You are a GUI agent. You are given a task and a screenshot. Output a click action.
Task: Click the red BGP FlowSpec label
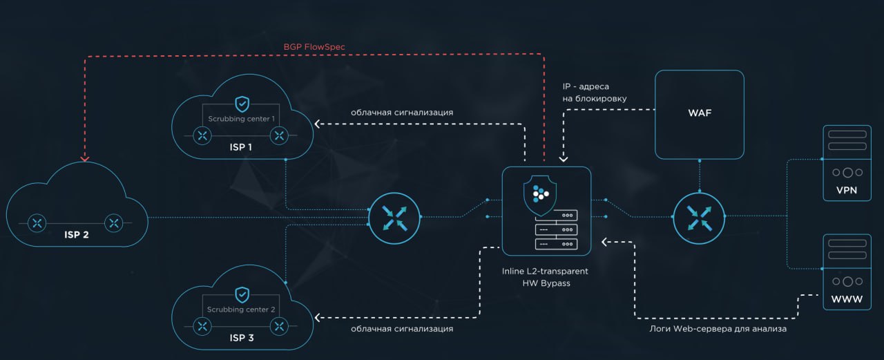coord(314,47)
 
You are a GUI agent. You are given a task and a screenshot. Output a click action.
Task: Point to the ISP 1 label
coord(241,148)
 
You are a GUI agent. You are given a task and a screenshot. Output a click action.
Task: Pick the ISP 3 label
coord(241,338)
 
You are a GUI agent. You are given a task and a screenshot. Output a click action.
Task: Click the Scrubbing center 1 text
coord(242,119)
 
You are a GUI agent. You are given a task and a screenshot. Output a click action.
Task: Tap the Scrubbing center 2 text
coord(242,310)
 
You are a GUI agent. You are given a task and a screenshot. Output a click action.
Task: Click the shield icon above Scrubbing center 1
coord(242,104)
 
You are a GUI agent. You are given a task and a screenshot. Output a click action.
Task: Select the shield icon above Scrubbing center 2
coord(242,294)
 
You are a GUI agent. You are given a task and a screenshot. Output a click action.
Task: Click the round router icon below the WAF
coord(699,217)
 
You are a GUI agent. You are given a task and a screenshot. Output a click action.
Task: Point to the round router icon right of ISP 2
coord(393,217)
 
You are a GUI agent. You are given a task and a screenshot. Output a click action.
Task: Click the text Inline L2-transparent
coord(546,272)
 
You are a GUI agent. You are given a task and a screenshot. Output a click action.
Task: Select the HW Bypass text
coord(546,284)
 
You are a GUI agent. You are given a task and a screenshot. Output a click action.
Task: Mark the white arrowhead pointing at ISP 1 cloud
coord(318,124)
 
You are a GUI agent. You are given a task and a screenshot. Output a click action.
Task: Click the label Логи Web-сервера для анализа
coord(718,329)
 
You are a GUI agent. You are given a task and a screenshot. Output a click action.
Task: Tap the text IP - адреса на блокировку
coord(595,93)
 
